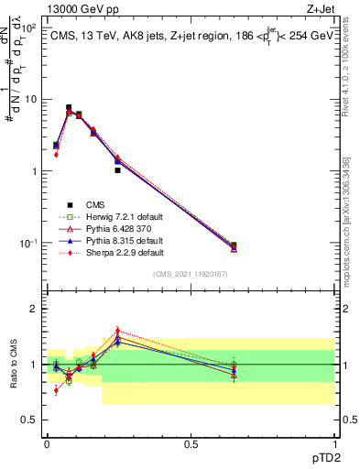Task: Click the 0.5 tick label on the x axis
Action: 191,442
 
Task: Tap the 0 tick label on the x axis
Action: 47,442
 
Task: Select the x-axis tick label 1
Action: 333,442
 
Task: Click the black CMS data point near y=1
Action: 117,170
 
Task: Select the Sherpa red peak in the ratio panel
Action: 117,331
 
